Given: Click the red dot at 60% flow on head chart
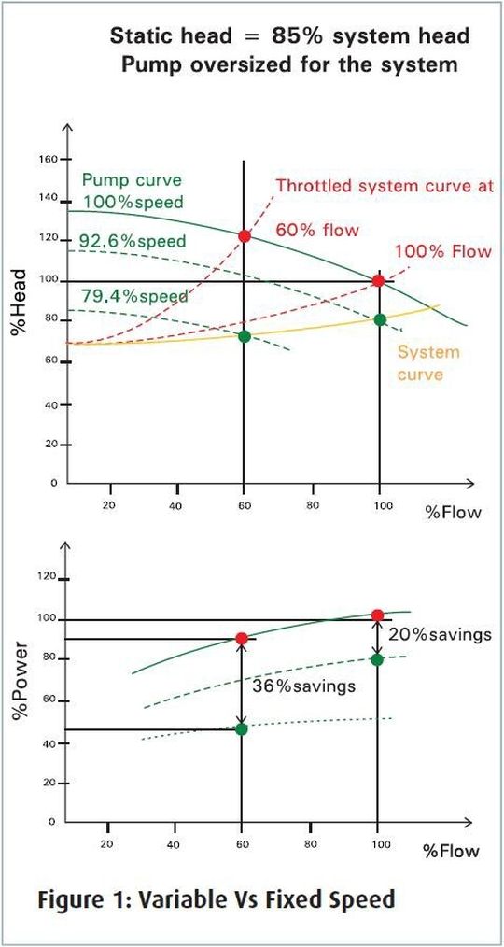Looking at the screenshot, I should (244, 236).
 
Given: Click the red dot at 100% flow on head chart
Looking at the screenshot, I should (378, 280).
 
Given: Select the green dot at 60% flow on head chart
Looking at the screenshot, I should (244, 336).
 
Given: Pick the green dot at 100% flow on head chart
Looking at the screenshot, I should (379, 319).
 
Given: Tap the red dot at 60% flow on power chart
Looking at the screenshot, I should (242, 639).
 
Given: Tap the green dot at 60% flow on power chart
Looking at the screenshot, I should (242, 728).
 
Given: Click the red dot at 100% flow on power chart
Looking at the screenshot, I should (377, 615).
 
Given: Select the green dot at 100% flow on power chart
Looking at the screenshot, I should (377, 659).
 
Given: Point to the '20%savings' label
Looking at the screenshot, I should (440, 634).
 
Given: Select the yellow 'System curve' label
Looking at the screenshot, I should (428, 363).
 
